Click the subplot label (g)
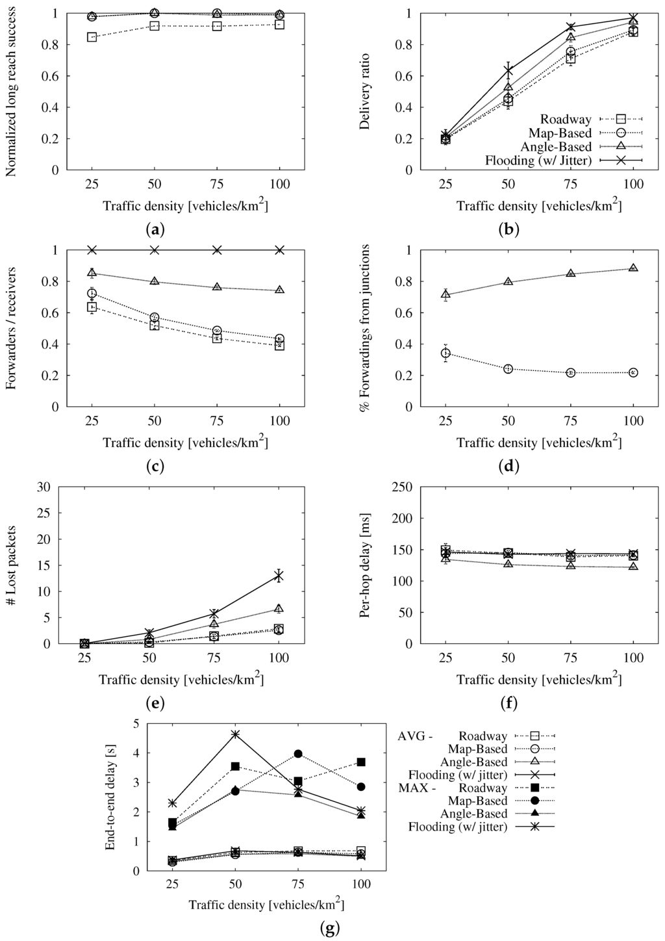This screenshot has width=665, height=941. click(x=331, y=928)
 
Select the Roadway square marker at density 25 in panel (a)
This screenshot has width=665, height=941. click(x=92, y=37)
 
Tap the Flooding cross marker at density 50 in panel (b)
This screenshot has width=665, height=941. click(x=508, y=70)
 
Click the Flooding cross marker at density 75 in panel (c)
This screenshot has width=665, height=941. click(x=218, y=250)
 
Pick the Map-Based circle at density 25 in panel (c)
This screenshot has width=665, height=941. click(x=92, y=294)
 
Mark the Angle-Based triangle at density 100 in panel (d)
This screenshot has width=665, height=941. click(x=633, y=268)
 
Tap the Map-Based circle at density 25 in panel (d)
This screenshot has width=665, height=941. click(x=445, y=354)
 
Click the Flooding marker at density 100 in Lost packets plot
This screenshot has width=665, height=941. click(x=279, y=575)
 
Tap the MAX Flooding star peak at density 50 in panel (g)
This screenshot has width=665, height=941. click(x=235, y=734)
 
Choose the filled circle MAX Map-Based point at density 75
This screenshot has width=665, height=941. click(x=298, y=754)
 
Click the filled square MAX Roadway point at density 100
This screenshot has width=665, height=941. click(x=361, y=762)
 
